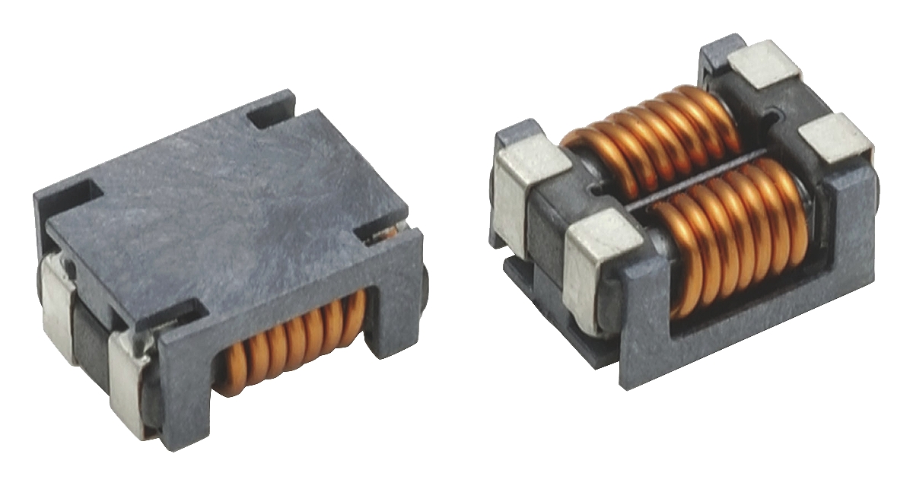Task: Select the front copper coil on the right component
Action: pos(730,236)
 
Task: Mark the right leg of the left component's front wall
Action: pos(396,304)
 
